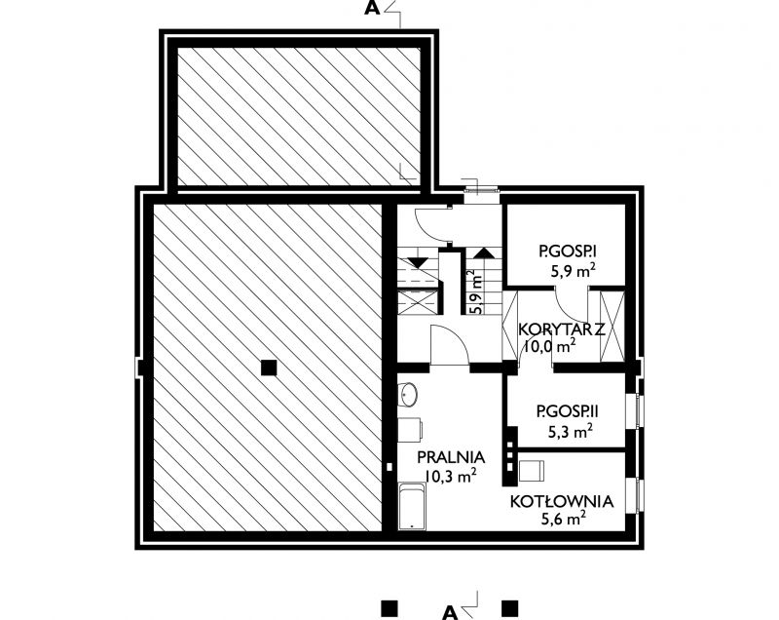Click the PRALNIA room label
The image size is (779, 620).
click(x=451, y=457)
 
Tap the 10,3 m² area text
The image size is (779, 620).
click(x=451, y=476)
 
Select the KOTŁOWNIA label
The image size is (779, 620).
click(x=562, y=501)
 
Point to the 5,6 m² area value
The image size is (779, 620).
click(x=563, y=519)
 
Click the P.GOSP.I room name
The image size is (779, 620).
click(x=568, y=252)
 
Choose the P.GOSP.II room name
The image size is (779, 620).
click(x=568, y=411)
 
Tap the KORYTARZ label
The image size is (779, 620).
click(x=562, y=329)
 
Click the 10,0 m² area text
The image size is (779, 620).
click(x=550, y=346)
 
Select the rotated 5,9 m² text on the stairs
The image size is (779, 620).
click(x=475, y=291)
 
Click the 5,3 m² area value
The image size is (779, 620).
click(x=570, y=431)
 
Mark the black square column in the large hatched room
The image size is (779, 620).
click(x=269, y=368)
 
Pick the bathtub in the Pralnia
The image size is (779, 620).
click(x=412, y=506)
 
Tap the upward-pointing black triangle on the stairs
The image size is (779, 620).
click(x=483, y=252)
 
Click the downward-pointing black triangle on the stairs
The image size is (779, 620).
click(x=418, y=262)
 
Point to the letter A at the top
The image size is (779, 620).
click(x=372, y=9)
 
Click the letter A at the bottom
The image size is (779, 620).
click(x=450, y=612)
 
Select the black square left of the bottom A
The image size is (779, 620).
click(x=389, y=609)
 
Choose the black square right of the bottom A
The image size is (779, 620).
click(x=509, y=609)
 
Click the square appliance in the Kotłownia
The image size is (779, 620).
click(x=532, y=471)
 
